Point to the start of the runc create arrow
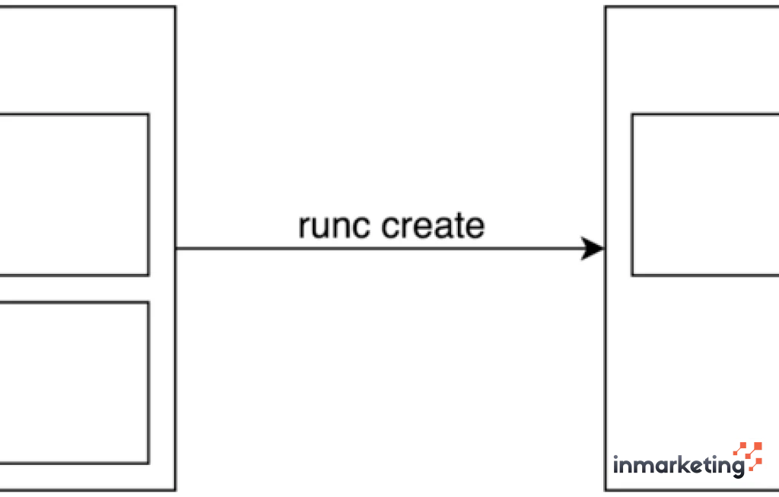pos(178,248)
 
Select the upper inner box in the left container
pos(73,195)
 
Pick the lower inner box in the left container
pos(73,382)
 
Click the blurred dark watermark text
pos(677,463)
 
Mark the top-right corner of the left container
pos(176,8)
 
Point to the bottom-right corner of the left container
pos(176,489)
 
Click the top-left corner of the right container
pos(606,8)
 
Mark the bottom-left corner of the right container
pos(606,489)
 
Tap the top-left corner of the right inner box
pos(632,115)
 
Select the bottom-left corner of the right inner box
pos(632,275)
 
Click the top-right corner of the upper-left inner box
pos(148,115)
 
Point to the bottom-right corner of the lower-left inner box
pos(148,463)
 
